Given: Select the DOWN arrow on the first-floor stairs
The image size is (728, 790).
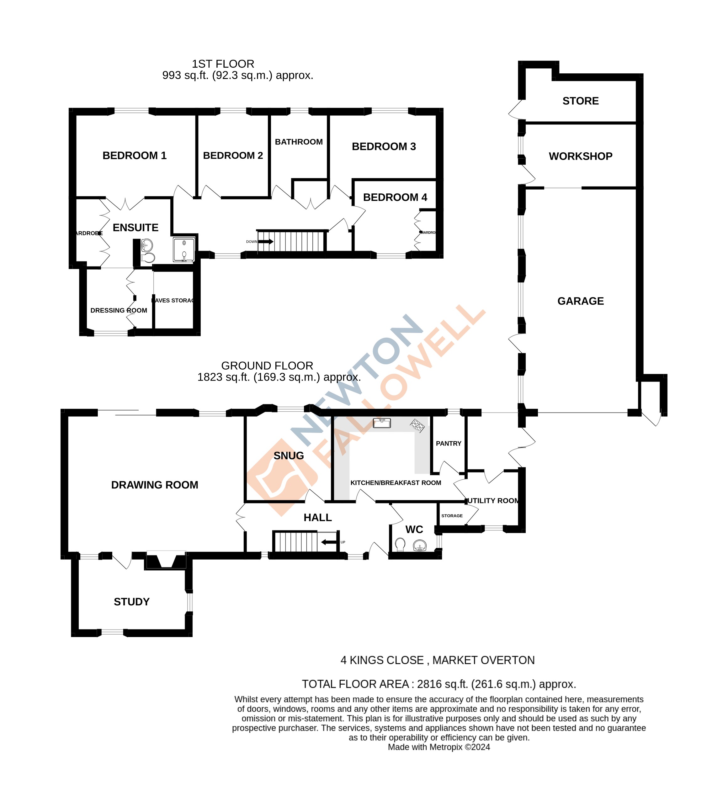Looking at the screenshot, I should [266, 241].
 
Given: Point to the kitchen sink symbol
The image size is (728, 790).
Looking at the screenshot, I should [382, 423].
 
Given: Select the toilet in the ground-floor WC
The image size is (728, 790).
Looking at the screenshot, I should [400, 545].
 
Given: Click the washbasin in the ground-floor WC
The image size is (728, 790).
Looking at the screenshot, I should [420, 546].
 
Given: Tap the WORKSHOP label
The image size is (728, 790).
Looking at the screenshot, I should [580, 156].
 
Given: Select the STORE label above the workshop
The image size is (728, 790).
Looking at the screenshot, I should [580, 101].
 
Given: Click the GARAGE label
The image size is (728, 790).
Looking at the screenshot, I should [580, 301].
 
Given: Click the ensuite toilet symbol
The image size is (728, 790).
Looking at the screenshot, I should [148, 258].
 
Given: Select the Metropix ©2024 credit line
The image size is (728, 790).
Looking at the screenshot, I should [439, 747].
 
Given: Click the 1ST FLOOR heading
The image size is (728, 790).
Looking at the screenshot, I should [223, 64].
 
